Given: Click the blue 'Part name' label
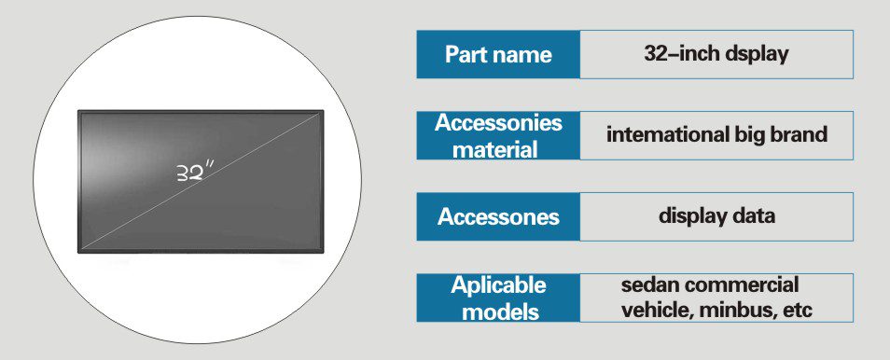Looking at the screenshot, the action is (x=498, y=54).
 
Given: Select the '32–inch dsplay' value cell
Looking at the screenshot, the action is (x=716, y=54).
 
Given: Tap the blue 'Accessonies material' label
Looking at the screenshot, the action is (x=498, y=136).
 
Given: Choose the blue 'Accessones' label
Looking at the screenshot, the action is (x=498, y=216).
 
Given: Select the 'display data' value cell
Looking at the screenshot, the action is (x=716, y=216).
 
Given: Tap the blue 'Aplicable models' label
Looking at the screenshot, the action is (x=498, y=298).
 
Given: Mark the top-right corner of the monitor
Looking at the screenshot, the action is (x=324, y=110).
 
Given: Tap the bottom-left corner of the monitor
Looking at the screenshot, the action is (x=77, y=253).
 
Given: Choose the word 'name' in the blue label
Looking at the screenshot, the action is (x=523, y=55).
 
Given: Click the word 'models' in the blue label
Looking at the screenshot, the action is (x=499, y=312).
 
